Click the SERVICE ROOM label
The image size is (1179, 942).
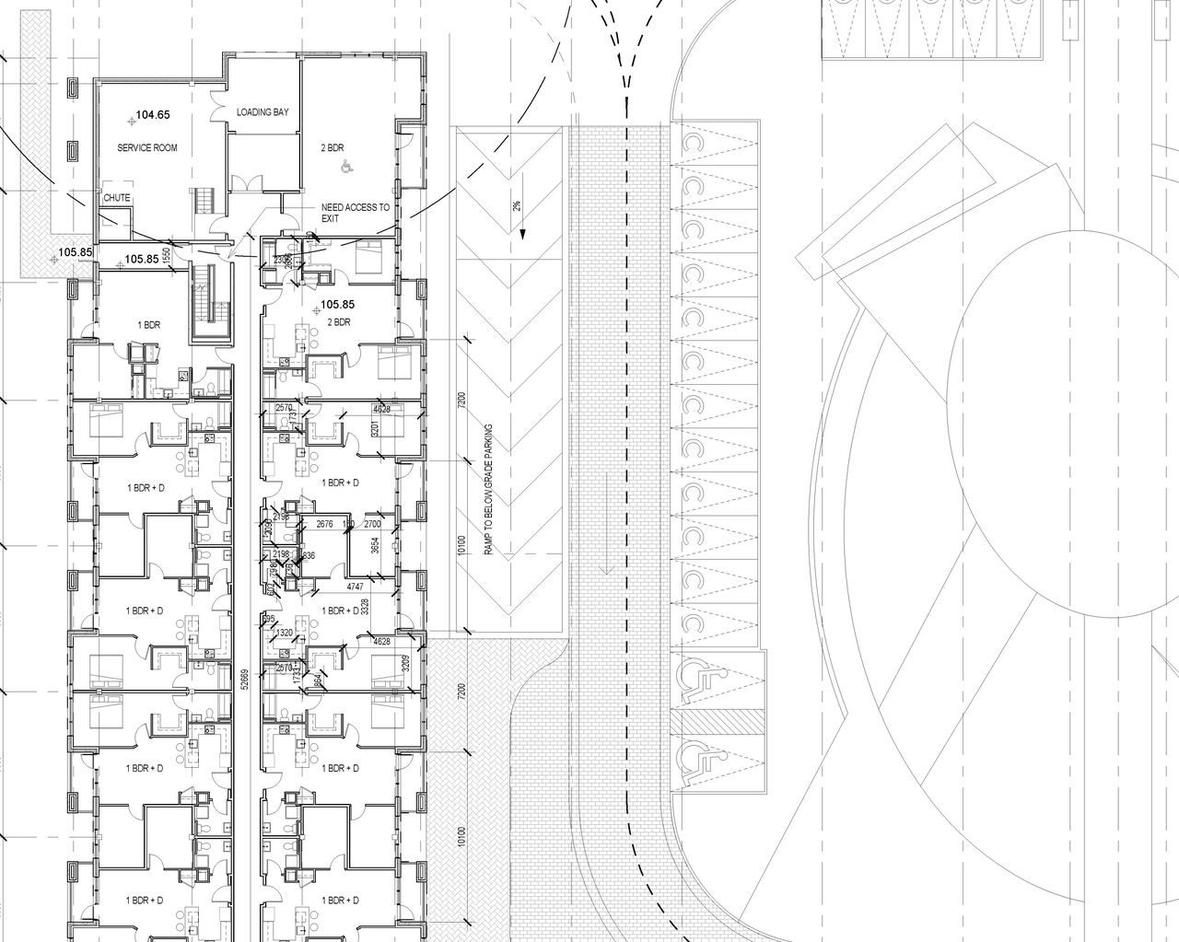coord(146,147)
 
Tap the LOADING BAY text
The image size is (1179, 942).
coord(262,112)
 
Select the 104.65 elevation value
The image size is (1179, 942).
coord(153,116)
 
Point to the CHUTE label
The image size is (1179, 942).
coord(117,198)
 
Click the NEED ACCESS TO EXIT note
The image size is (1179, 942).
coord(355,213)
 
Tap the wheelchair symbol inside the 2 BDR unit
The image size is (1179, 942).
coord(347,167)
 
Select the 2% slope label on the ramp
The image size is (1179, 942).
coord(518,206)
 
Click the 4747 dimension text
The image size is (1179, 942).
coord(356,587)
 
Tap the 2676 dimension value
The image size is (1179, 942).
coord(324,524)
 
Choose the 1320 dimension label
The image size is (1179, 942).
coord(285,633)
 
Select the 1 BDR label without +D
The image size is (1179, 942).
coord(149,326)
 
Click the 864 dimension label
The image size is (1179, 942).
coord(318,681)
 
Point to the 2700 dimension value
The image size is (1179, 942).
coord(372,524)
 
